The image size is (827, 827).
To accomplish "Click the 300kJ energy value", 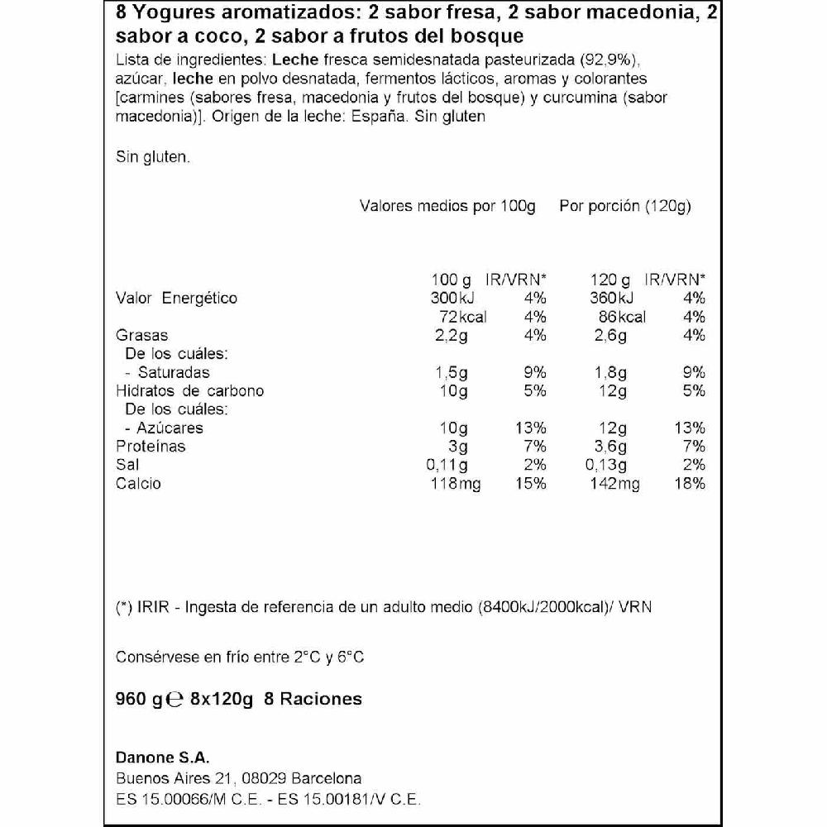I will click(450, 299).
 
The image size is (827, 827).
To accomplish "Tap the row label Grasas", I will click(141, 335).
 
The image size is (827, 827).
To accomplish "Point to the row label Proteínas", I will click(151, 447).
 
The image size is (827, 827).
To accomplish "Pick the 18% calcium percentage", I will click(689, 484).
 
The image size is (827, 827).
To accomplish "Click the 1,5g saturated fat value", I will click(452, 372).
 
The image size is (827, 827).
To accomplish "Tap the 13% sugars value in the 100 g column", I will click(530, 428).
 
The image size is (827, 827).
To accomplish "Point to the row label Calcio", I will click(138, 484).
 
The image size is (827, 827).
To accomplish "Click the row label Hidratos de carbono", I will click(189, 391).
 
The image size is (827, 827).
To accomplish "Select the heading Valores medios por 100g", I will click(447, 207).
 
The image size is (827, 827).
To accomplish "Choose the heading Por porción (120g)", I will click(625, 207).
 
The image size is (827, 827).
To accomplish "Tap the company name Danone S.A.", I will click(163, 758).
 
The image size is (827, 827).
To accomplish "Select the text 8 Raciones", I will click(313, 700).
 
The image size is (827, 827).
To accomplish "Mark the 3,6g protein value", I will click(611, 447).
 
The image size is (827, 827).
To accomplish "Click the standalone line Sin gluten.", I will click(153, 155).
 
